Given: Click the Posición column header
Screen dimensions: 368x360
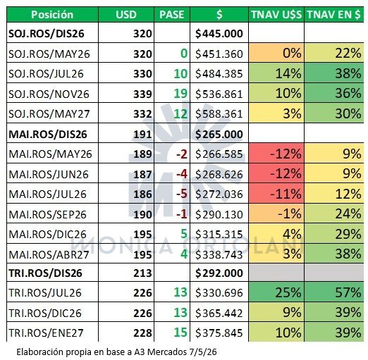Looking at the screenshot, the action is pos(52,15).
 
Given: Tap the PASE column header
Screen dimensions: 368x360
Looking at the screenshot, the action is pos(172,15).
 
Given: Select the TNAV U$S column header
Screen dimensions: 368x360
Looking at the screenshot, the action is pos(276,15).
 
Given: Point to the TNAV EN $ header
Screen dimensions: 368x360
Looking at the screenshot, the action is pos(333,15).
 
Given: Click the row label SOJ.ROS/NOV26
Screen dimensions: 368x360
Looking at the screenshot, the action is pos(49,94).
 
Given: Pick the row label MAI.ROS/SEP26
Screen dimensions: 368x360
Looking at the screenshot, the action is pos(47,214).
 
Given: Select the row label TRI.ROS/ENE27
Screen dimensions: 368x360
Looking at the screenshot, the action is pos(46,333).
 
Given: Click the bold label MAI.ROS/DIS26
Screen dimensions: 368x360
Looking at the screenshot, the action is pos(48,135).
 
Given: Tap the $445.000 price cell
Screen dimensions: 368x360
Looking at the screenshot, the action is pos(219,34).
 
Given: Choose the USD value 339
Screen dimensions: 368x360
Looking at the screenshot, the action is pos(142,94).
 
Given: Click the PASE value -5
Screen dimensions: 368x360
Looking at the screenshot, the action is pos(182,194).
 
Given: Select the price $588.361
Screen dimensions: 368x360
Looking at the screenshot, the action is pos(219,114).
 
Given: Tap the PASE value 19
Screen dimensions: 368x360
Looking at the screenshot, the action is pos(180,94).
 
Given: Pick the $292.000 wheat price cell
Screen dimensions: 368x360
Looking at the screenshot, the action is pos(219,273).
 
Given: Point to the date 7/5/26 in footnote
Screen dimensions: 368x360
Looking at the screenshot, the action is pos(202,352).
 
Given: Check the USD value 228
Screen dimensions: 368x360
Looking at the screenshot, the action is pos(142,333).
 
